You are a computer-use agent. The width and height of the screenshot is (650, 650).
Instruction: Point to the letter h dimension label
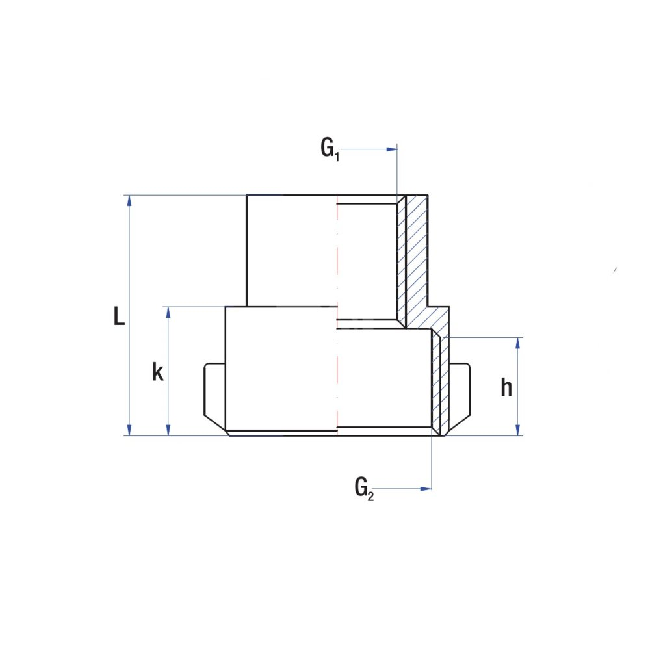(x=506, y=387)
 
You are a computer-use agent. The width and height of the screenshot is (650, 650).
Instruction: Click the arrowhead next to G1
(x=392, y=149)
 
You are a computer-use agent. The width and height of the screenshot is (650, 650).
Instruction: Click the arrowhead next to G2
(x=426, y=489)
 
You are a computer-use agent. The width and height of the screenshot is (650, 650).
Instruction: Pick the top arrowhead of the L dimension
(x=129, y=201)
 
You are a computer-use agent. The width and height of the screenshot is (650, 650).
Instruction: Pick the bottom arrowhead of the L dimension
(x=129, y=430)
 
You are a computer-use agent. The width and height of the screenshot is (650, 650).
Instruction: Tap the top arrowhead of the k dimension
(x=168, y=313)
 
